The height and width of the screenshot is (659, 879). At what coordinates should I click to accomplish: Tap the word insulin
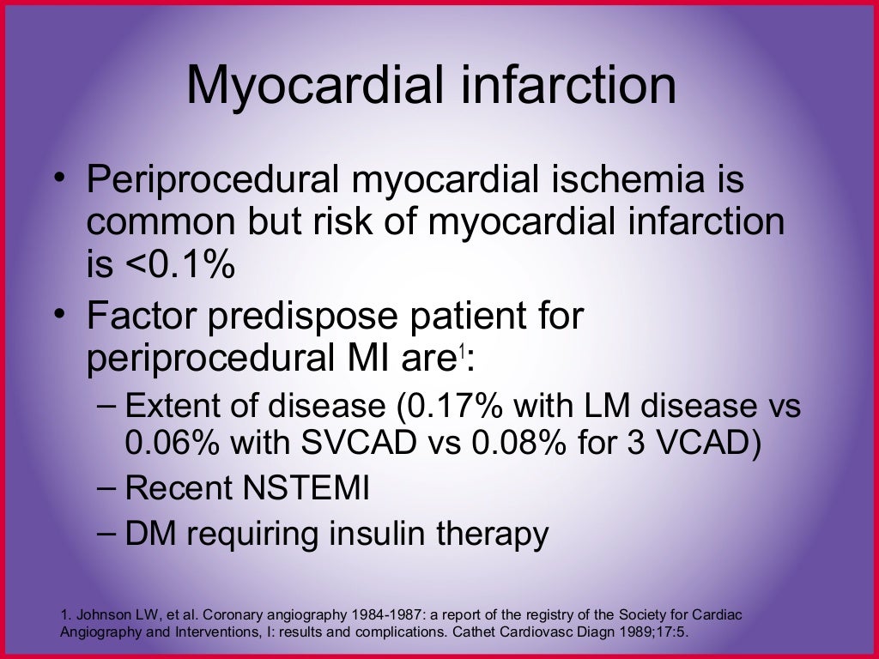[373, 534]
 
